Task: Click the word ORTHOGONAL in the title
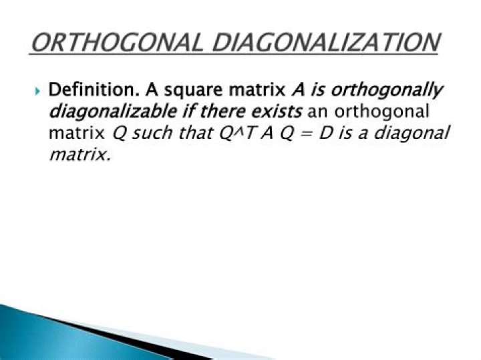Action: pyautogui.click(x=117, y=42)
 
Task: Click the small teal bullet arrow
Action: pyautogui.click(x=37, y=91)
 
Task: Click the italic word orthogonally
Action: pyautogui.click(x=387, y=91)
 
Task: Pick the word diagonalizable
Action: pyautogui.click(x=113, y=112)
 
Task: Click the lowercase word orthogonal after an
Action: pyautogui.click(x=381, y=112)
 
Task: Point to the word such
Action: pyautogui.click(x=152, y=133)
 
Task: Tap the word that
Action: pyautogui.click(x=196, y=133)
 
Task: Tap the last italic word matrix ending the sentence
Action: pyautogui.click(x=79, y=155)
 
